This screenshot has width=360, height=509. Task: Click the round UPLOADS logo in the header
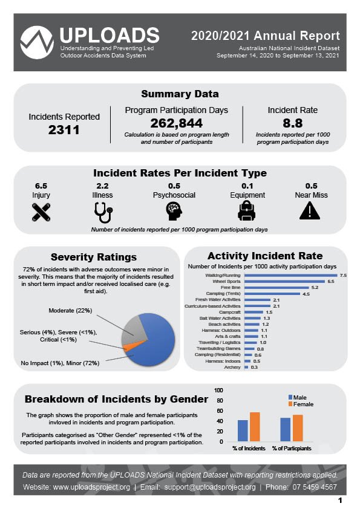coord(37,42)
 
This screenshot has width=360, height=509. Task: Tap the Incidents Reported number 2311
coord(64,130)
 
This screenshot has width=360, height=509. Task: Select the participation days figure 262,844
coord(177,123)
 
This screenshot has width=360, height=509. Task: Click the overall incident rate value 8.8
coord(292,123)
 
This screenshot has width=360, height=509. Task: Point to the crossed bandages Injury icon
coord(41,212)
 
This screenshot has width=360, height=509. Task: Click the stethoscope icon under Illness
coord(103,212)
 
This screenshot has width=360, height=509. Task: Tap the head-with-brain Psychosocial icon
coord(174,212)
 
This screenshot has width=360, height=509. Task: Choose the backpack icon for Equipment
coord(247,211)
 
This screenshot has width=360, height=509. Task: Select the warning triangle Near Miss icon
coord(310,211)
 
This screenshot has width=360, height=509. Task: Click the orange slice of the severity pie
coord(129,346)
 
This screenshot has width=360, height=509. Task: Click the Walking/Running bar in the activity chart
coord(291,275)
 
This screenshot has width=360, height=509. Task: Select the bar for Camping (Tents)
coord(272,294)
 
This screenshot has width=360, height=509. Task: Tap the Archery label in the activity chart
coord(232,367)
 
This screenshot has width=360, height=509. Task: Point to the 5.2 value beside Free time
coord(315,288)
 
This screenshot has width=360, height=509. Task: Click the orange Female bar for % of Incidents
coord(255,427)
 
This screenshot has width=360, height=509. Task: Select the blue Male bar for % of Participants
coord(285,429)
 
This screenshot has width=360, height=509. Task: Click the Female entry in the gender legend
coord(301,404)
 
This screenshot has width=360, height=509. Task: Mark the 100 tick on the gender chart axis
coord(218,390)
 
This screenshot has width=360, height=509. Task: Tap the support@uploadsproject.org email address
coord(210,487)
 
